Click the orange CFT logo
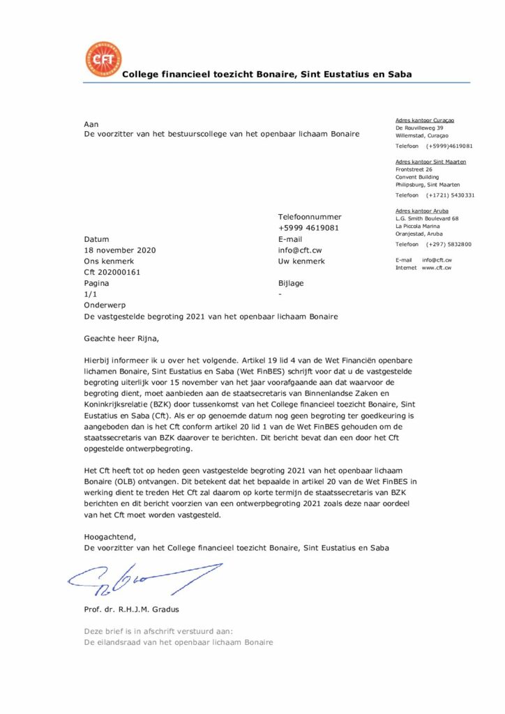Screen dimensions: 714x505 pos(102,60)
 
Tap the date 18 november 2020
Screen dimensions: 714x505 pos(120,250)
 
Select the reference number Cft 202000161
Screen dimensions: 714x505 pos(112,272)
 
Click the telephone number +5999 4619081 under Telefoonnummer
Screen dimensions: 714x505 pos(308,228)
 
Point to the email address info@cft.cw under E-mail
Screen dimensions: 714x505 pos(300,250)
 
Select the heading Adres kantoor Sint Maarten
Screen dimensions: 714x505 pos(430,162)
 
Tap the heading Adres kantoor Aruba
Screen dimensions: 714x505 pos(421,211)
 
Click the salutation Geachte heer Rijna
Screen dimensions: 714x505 pos(121,340)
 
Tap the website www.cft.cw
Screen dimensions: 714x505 pos(437,268)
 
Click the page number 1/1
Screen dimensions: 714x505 pos(90,295)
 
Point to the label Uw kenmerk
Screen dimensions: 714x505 pos(301,261)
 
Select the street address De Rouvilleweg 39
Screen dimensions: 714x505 pos(419,128)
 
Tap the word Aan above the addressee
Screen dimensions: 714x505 pos(91,123)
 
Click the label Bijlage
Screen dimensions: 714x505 pos(291,284)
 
